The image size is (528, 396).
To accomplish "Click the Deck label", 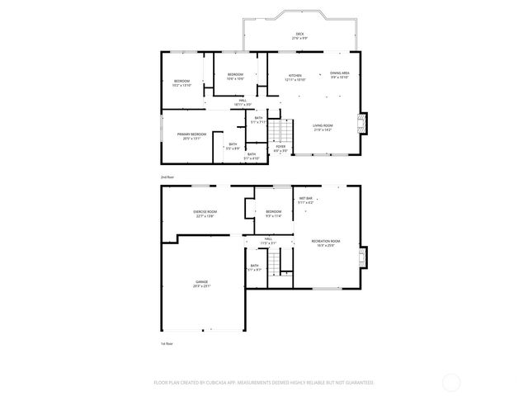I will [299, 35].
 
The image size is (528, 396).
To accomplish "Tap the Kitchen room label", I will [295, 78].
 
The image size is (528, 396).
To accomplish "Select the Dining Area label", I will [341, 75].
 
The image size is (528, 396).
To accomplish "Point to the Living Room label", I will [323, 127].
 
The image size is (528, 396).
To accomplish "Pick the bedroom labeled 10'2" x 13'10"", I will [181, 82].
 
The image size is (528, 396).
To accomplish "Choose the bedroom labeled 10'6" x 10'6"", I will [235, 77].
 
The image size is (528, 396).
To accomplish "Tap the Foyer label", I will [280, 148].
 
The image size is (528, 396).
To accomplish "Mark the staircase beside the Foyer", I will [284, 130].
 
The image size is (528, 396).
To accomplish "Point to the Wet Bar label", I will [305, 200].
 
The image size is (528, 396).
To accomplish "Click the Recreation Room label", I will [326, 243].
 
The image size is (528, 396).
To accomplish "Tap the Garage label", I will [201, 284].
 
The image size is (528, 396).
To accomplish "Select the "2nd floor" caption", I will [167, 177].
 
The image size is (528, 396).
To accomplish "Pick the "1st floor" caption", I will [167, 343].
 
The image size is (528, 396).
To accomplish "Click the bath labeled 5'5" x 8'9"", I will [233, 146].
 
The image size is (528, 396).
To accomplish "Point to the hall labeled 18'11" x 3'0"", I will [243, 102].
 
